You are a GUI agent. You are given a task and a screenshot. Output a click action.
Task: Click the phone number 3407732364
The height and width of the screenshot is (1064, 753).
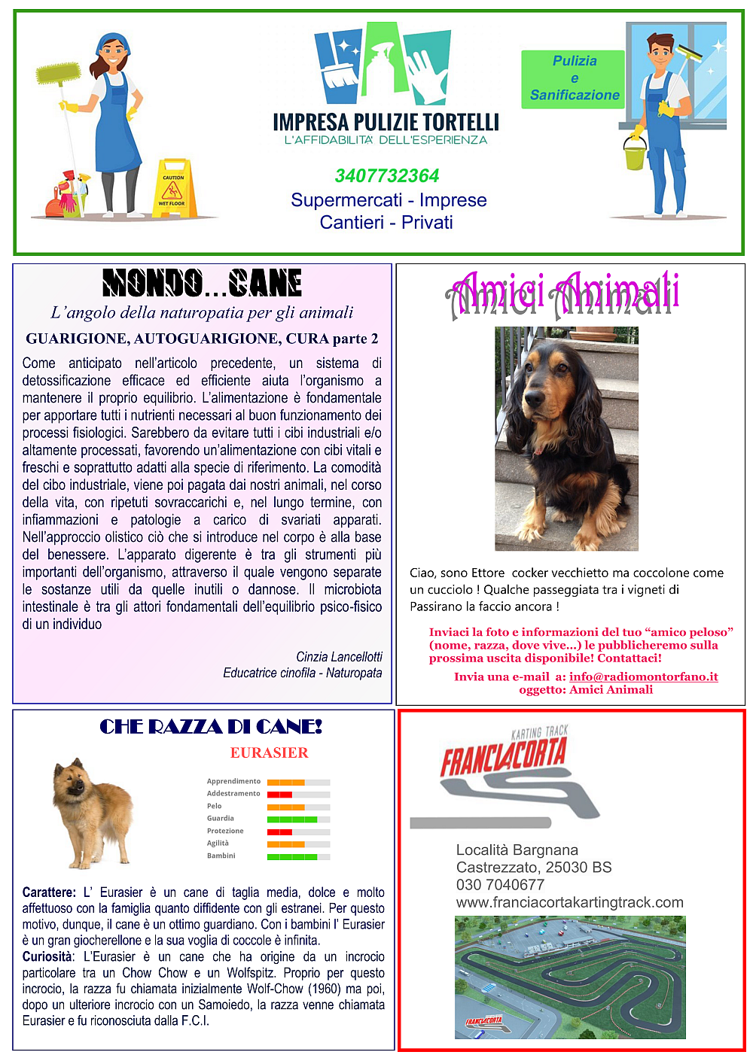coord(387,176)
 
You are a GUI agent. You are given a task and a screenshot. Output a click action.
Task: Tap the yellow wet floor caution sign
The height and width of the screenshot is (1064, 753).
coord(173,190)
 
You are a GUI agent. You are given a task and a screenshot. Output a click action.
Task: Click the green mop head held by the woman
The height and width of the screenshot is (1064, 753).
coord(59,74)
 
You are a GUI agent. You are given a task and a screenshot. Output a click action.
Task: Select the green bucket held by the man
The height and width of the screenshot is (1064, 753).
coord(635,155)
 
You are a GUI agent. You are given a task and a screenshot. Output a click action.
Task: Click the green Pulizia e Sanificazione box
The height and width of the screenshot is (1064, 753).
coord(574,78)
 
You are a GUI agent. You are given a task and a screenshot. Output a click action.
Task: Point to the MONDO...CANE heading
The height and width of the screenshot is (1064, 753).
coord(202,284)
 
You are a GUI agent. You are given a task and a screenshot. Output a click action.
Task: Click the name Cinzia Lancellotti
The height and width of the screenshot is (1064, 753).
coord(339,657)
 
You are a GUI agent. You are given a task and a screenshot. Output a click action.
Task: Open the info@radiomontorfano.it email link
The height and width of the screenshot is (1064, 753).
coord(643,676)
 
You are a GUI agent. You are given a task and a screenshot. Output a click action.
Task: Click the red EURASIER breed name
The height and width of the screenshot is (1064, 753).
coord(269,753)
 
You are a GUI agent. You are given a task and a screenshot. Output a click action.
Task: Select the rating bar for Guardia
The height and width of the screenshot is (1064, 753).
coord(299,819)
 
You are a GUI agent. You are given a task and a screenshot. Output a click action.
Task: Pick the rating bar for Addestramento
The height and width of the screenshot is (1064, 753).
coord(299,794)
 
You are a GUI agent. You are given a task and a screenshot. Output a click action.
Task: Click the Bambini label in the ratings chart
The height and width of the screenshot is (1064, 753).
coord(221,856)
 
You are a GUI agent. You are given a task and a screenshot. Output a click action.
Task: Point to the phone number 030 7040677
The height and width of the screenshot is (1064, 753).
coord(500,885)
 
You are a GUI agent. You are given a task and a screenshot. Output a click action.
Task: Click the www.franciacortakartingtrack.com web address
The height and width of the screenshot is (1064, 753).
coord(569,902)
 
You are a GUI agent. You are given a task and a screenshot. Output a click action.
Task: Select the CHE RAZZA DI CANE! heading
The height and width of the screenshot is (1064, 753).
coord(211,727)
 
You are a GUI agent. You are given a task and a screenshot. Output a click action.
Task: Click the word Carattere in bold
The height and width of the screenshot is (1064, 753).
coord(48,892)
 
